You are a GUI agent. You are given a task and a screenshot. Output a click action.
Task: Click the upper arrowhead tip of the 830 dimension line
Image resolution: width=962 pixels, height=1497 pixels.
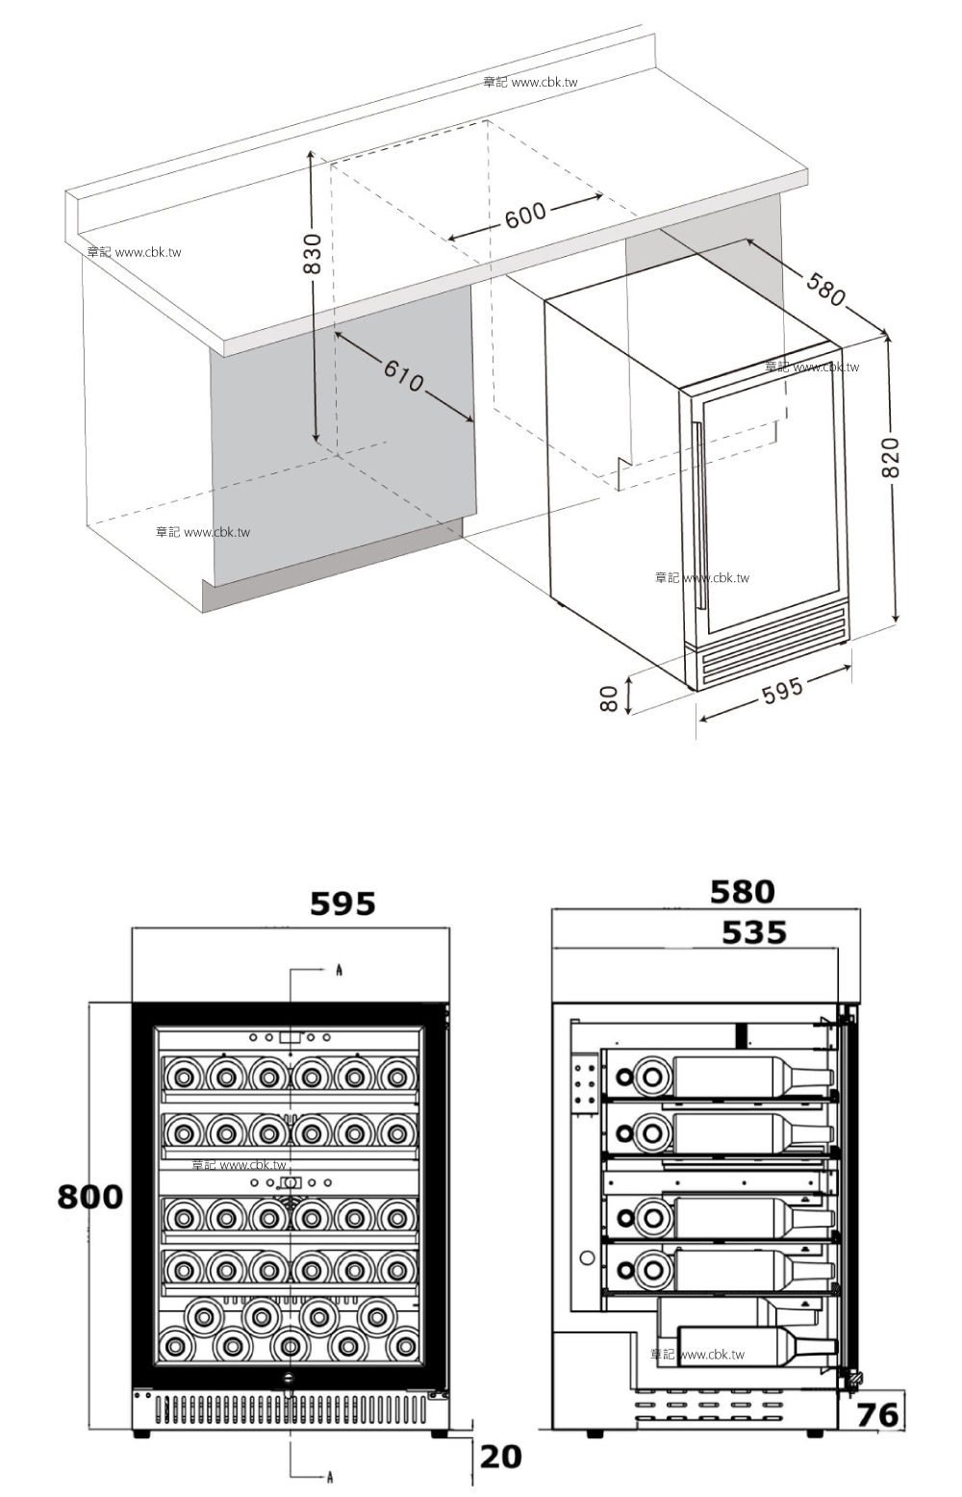[311, 150]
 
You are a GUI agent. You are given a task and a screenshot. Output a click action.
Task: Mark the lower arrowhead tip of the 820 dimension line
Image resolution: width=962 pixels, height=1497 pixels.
[897, 622]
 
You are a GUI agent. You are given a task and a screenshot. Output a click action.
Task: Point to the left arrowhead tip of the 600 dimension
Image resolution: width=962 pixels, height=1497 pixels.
[447, 240]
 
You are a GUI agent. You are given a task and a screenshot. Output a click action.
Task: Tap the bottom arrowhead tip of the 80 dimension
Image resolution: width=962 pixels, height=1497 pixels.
[628, 715]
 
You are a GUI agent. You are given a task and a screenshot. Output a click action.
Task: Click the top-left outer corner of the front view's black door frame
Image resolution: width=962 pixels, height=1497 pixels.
[133, 1003]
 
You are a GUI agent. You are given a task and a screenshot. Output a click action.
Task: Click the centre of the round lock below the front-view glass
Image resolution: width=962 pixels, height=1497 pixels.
[290, 1376]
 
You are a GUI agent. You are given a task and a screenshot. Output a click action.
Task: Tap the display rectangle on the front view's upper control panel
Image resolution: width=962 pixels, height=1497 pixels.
[291, 1038]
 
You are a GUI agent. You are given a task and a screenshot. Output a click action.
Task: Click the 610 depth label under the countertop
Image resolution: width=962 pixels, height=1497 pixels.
[403, 375]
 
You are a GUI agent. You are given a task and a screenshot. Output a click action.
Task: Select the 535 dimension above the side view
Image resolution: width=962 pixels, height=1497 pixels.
[754, 932]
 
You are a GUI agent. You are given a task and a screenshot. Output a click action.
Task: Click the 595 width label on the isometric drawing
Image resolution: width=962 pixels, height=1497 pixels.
[782, 691]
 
